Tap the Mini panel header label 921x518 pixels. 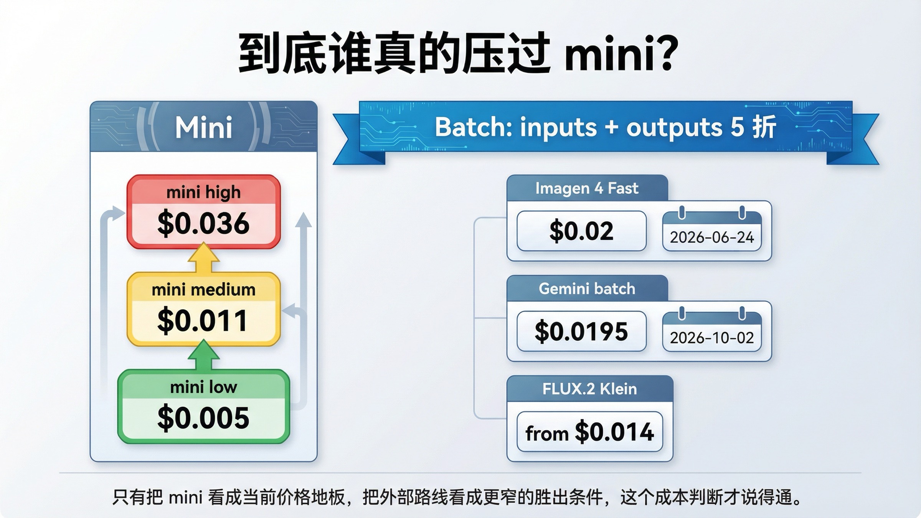[x=203, y=127]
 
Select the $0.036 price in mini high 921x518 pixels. [x=203, y=223]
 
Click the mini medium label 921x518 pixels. [x=203, y=290]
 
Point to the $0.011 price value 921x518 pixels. [x=203, y=320]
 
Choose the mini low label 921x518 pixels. [x=203, y=387]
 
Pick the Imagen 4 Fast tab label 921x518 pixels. [x=587, y=188]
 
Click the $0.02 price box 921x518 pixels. [x=581, y=231]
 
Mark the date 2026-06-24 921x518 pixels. [x=712, y=238]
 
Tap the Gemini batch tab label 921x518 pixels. [x=587, y=289]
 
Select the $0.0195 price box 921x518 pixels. [x=581, y=331]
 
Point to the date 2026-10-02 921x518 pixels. [x=712, y=338]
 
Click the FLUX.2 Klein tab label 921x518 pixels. [x=589, y=389]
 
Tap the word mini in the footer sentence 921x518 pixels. [x=185, y=498]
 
